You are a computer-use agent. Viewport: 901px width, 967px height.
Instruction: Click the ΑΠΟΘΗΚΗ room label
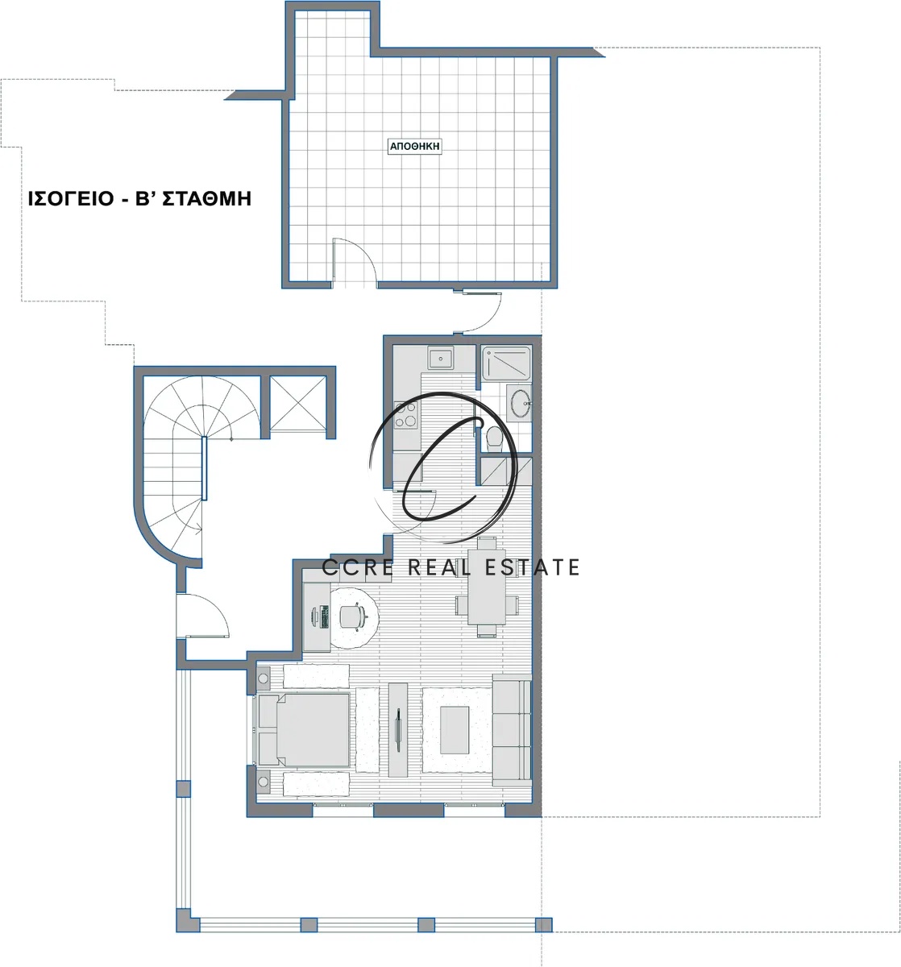point(414,146)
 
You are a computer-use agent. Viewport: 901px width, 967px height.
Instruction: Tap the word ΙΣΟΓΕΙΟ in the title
point(71,199)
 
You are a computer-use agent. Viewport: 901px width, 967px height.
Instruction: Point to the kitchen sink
point(440,358)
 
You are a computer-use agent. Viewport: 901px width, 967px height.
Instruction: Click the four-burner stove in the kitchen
point(406,415)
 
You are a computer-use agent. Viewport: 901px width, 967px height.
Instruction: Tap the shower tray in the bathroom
point(505,363)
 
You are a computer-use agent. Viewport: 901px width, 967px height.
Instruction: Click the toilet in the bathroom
point(494,438)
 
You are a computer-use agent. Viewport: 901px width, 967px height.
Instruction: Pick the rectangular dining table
point(487,586)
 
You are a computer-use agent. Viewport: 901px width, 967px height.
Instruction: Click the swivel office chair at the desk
point(352,616)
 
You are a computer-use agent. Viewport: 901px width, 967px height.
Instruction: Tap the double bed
point(304,729)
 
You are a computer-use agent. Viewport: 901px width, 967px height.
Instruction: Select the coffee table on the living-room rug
point(455,730)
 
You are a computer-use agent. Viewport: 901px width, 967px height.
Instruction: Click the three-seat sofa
point(512,730)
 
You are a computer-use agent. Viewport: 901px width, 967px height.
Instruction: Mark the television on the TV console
point(398,729)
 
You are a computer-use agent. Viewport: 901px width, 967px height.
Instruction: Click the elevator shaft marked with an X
point(298,403)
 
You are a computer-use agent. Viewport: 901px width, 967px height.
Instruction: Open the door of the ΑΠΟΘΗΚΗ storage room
point(354,260)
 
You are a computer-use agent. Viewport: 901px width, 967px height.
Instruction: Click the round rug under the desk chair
point(354,617)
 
